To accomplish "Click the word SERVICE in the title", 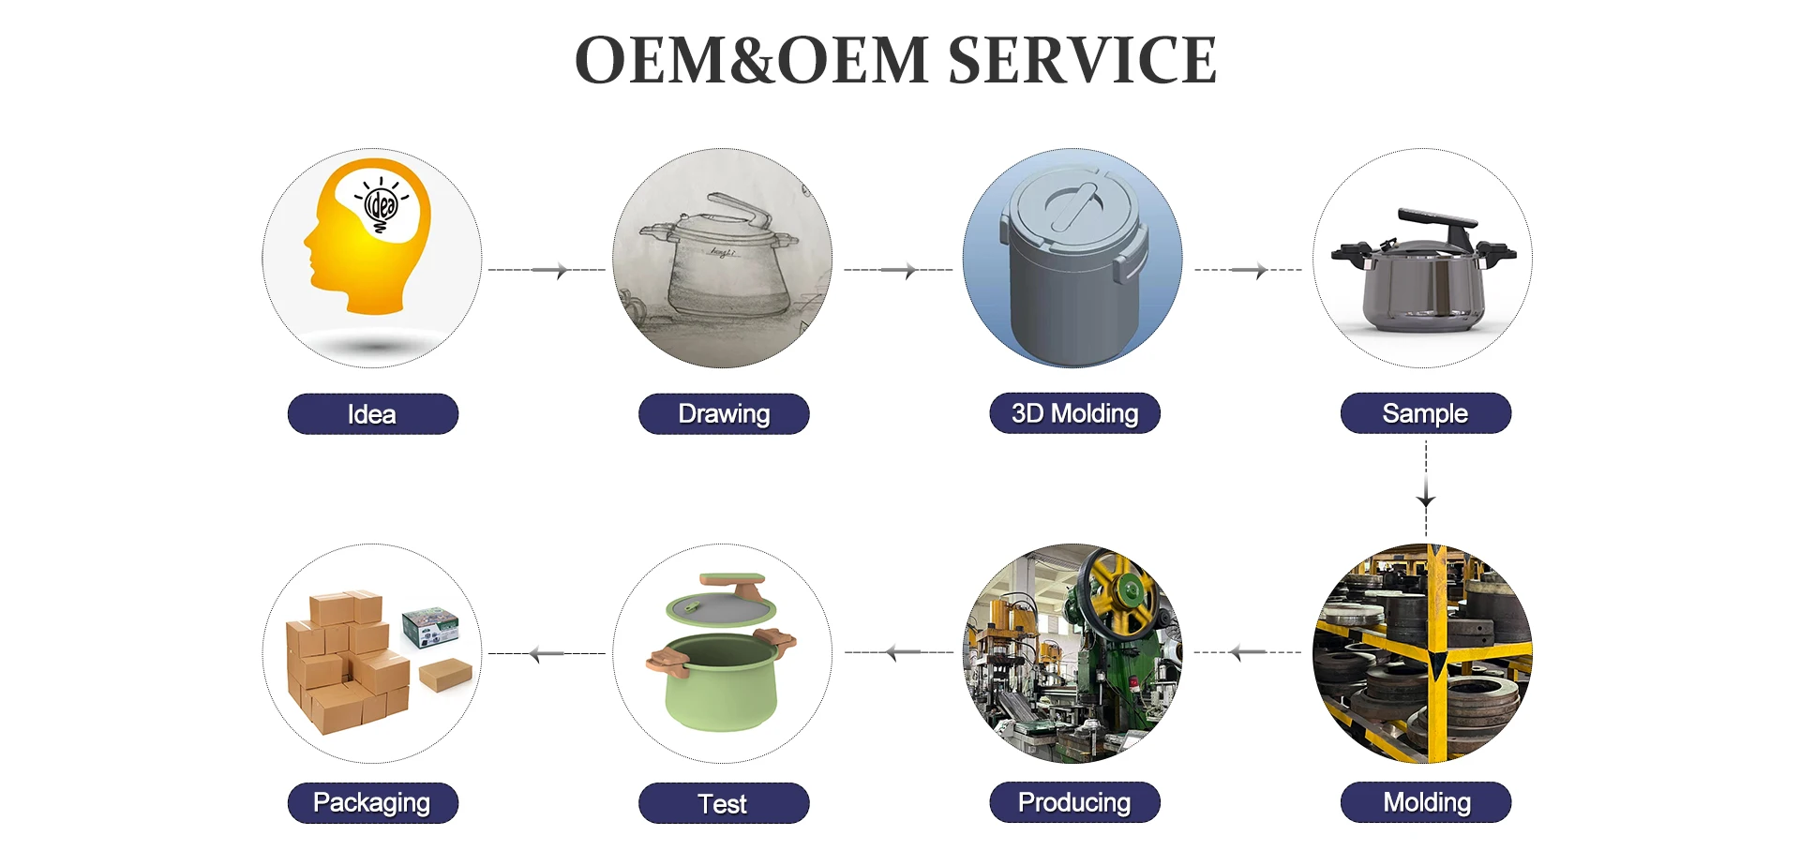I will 1082,61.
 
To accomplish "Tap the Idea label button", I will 372,414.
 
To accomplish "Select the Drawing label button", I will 724,414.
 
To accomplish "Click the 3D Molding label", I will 1074,413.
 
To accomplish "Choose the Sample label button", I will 1425,413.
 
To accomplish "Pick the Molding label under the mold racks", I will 1426,802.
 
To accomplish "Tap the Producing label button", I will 1074,802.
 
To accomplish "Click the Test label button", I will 723,803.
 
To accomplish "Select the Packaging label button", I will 372,803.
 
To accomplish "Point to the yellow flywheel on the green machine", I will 1122,590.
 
